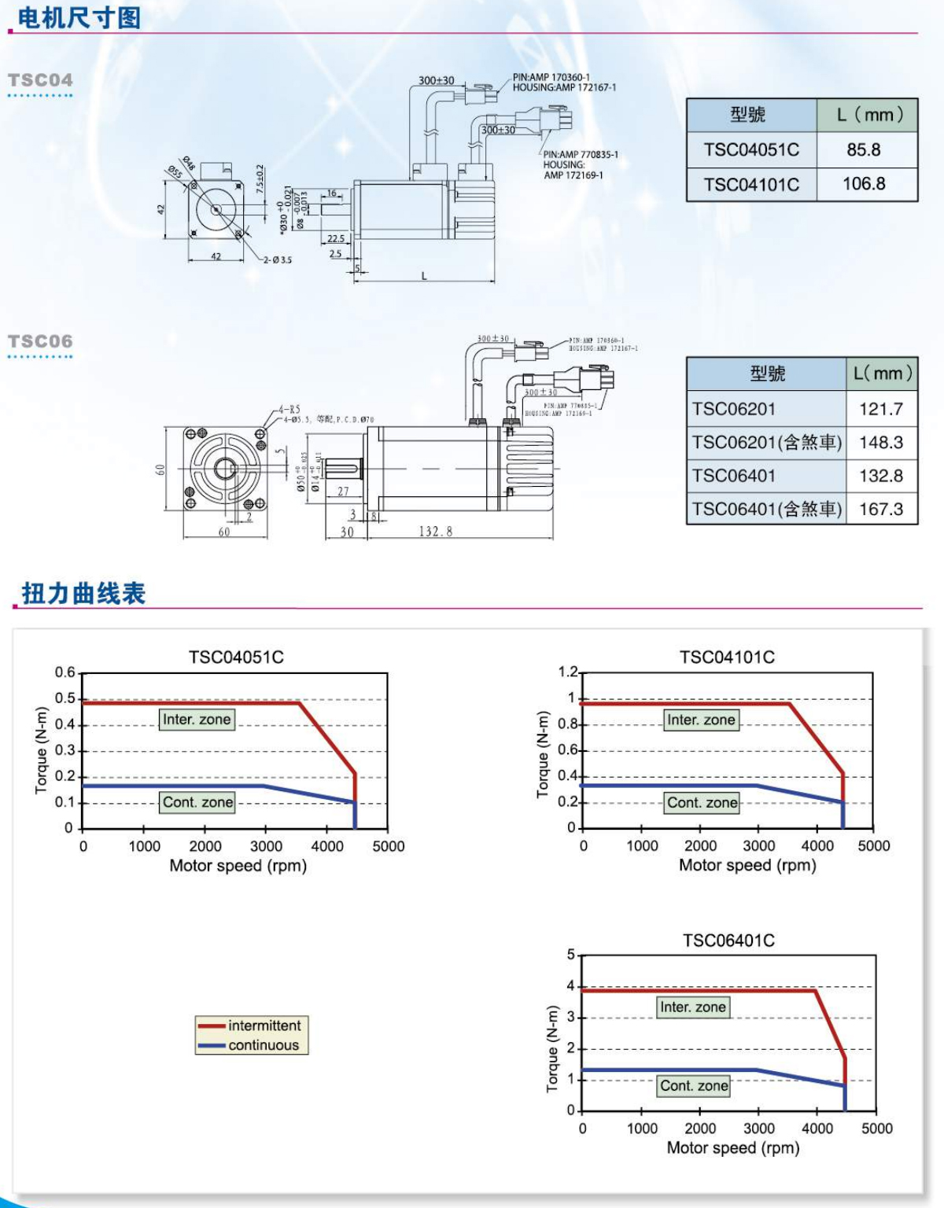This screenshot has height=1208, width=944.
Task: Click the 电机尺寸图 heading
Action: pyautogui.click(x=79, y=17)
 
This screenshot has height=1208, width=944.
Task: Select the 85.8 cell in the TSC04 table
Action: pyautogui.click(x=864, y=149)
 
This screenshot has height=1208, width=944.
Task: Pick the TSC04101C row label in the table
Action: pyautogui.click(x=751, y=185)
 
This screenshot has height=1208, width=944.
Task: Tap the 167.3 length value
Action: pyautogui.click(x=881, y=509)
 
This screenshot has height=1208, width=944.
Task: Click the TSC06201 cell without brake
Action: pyautogui.click(x=733, y=409)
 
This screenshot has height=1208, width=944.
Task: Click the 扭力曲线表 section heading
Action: pyautogui.click(x=83, y=593)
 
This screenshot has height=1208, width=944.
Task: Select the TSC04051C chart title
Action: pyautogui.click(x=236, y=657)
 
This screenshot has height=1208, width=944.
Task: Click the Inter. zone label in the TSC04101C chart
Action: pyautogui.click(x=701, y=720)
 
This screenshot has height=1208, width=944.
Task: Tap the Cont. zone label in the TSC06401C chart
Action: pyautogui.click(x=694, y=1086)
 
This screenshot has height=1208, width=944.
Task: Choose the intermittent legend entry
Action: pyautogui.click(x=264, y=1026)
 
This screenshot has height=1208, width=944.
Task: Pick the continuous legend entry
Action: pyautogui.click(x=264, y=1045)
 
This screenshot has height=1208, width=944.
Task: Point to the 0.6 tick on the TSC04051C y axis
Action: pyautogui.click(x=65, y=672)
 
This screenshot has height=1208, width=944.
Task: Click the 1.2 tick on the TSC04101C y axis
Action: pyautogui.click(x=567, y=672)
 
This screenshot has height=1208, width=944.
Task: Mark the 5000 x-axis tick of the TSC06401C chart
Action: pyautogui.click(x=876, y=1129)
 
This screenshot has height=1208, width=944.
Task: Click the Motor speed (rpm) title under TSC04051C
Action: pyautogui.click(x=238, y=866)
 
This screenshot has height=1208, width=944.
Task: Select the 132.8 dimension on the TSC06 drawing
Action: pyautogui.click(x=435, y=532)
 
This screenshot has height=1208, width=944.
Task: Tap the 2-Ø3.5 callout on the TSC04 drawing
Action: pyautogui.click(x=277, y=260)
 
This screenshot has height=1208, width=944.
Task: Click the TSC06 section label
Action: pyautogui.click(x=40, y=341)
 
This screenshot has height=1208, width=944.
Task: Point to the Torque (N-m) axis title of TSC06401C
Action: pyautogui.click(x=552, y=1048)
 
